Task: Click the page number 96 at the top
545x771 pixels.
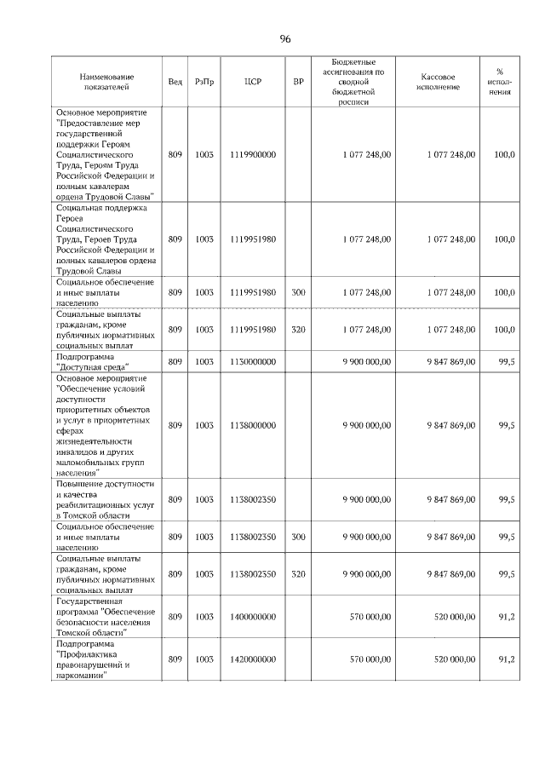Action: [x=284, y=39]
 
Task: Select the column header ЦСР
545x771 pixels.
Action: [x=252, y=82]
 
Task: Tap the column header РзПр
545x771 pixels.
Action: [x=204, y=82]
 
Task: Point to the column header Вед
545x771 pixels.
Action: [x=175, y=82]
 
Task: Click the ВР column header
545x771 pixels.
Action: [x=298, y=82]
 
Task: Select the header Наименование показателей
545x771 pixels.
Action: [x=104, y=82]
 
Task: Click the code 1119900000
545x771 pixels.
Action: [x=252, y=154]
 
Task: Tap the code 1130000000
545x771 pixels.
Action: [x=252, y=362]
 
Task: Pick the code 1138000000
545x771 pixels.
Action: [x=252, y=424]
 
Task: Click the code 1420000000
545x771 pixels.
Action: [x=252, y=659]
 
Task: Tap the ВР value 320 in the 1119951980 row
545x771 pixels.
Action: [x=298, y=329]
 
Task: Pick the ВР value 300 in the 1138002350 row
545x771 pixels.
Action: [x=298, y=537]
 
